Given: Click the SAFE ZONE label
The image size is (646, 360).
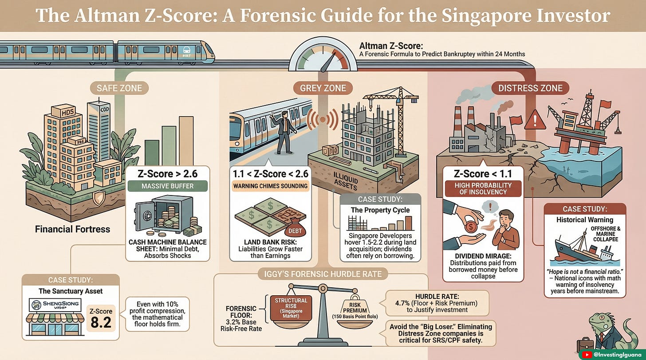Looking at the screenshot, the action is point(119,88).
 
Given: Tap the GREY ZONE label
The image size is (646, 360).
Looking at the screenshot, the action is point(323,88).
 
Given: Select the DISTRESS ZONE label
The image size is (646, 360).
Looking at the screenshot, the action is point(530,88).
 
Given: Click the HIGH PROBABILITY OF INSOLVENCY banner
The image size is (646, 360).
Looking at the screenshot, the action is point(483,188).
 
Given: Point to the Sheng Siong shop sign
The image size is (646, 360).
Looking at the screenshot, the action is point(55,305).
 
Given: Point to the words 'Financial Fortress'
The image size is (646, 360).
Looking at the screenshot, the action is point(72,229).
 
